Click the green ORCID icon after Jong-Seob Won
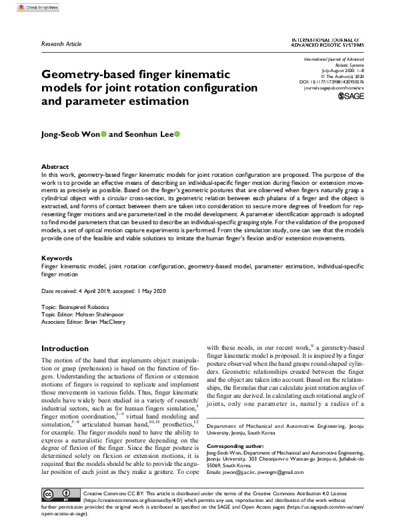click(103, 134)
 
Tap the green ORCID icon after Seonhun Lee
click(177, 134)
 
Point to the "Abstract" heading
click(55, 166)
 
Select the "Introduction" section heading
click(70, 348)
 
